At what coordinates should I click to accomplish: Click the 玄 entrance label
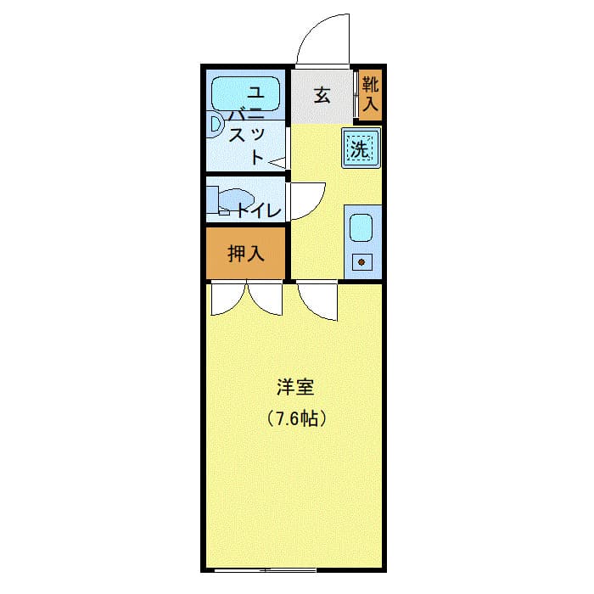point(322,95)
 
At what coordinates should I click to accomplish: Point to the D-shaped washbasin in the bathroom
point(216,126)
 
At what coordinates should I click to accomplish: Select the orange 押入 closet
point(246,253)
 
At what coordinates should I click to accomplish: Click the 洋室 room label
point(295,389)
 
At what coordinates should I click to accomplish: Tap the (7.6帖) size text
point(295,417)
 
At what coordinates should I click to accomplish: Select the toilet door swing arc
point(305,200)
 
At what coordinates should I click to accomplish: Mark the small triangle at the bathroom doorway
point(276,160)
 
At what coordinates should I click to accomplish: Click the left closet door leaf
point(227,299)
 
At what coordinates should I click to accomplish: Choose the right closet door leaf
point(264,299)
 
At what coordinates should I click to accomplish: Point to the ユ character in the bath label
point(255,91)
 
